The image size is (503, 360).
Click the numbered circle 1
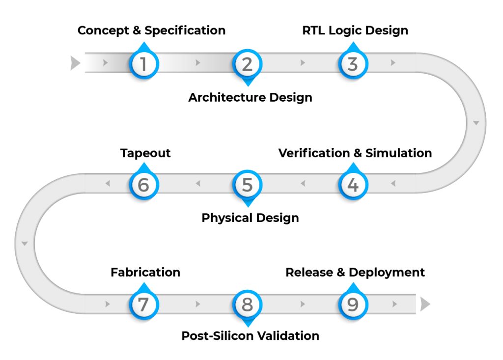tap(143, 64)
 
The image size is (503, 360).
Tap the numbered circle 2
tap(248, 64)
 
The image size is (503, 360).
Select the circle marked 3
tap(353, 64)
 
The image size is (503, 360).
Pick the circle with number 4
tap(353, 185)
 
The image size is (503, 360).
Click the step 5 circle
tap(248, 185)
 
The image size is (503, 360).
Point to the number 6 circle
tap(143, 185)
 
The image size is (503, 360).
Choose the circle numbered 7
tap(143, 305)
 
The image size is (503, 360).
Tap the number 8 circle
tap(248, 305)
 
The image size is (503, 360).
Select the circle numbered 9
tap(353, 305)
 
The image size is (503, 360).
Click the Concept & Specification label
tap(151, 30)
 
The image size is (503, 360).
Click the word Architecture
tap(219, 97)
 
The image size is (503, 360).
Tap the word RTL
tap(313, 30)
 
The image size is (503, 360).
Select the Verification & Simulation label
tap(355, 153)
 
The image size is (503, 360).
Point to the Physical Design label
tap(250, 218)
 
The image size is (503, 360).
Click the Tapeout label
tap(145, 153)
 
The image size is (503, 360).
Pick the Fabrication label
tap(145, 272)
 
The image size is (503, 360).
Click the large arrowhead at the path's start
tap(75, 63)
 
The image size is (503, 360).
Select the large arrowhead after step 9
tap(425, 305)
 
